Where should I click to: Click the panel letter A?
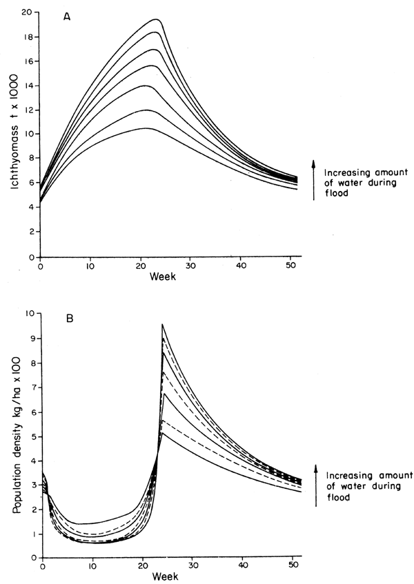point(68,19)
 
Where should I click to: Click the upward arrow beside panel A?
point(315,179)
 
